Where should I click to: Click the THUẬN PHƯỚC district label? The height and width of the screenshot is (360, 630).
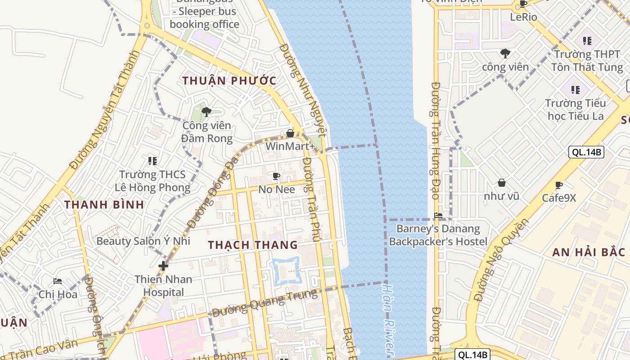point(229,81)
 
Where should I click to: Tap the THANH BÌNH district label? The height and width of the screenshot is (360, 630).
point(104,205)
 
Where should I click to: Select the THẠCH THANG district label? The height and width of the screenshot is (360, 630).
point(252,245)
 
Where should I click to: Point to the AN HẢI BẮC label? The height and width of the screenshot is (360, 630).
point(589,252)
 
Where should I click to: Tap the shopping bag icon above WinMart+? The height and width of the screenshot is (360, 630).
point(290,134)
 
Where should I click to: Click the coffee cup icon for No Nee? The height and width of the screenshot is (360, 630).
point(276,176)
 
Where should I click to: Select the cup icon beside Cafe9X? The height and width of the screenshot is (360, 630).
point(559,185)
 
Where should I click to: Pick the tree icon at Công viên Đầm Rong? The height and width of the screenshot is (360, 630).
point(207,112)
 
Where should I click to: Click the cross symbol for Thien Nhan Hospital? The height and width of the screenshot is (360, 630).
point(163,266)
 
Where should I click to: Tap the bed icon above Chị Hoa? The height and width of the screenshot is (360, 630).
point(58,281)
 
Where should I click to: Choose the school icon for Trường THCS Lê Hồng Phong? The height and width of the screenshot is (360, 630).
point(152,161)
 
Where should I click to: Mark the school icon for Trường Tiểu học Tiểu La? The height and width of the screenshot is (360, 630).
point(575,90)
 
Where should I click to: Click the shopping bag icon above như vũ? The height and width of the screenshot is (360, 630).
point(502,183)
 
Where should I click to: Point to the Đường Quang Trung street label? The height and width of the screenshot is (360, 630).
point(265,303)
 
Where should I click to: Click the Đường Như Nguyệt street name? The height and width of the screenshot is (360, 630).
point(302,90)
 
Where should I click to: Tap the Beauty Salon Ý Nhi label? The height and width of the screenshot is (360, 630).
point(143,241)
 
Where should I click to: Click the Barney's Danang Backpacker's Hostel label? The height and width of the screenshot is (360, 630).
point(438,235)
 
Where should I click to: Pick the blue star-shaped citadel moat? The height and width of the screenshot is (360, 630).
point(286,270)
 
